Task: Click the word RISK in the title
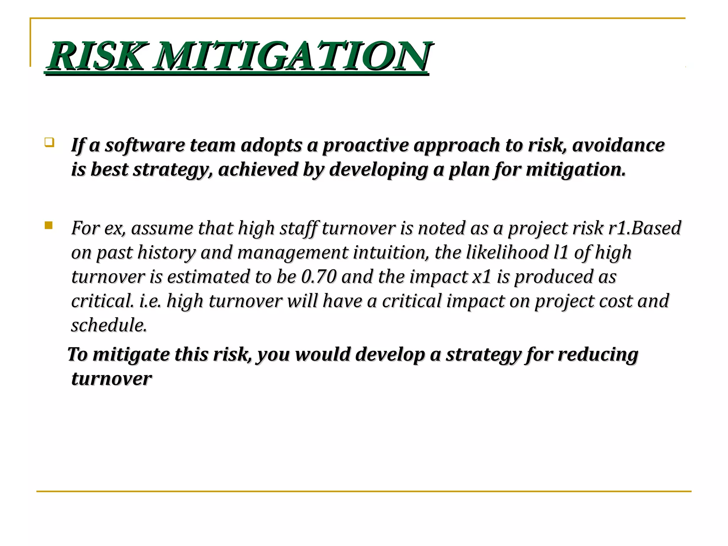point(96,56)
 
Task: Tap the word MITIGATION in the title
point(292,56)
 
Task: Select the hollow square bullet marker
point(49,143)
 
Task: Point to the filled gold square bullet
point(49,225)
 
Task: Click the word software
point(145,145)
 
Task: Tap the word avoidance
point(618,145)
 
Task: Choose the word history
point(166,253)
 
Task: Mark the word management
point(293,253)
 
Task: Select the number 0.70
point(318,277)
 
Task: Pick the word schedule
point(109,325)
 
